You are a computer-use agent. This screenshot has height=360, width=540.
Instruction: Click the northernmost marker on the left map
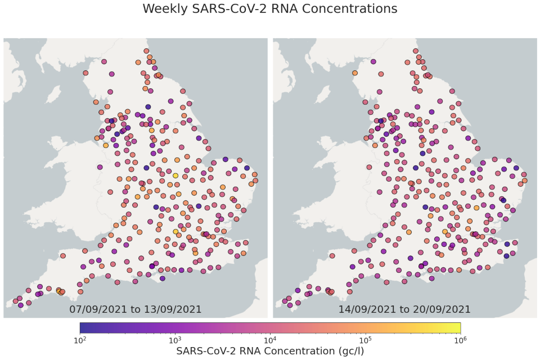tap(146, 51)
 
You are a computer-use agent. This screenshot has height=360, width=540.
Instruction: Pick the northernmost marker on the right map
tap(416, 51)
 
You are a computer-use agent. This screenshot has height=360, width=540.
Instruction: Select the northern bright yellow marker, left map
tap(175, 175)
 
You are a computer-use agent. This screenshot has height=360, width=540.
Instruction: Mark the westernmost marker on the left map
tap(16, 301)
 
